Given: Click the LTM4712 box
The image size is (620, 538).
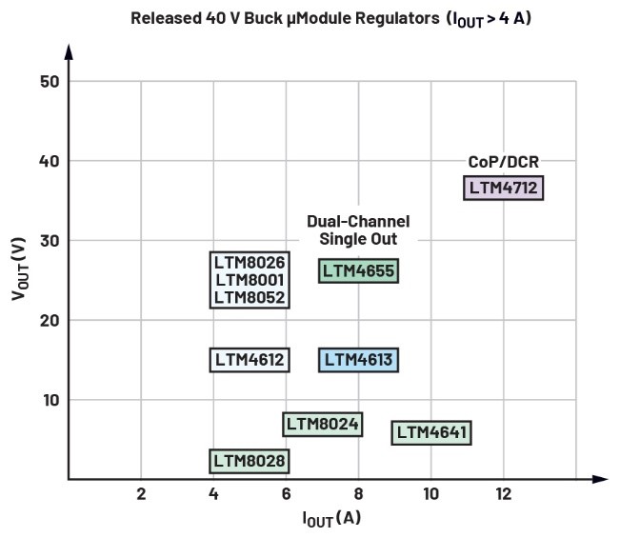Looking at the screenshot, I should [504, 188].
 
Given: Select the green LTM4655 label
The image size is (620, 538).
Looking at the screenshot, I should [358, 270].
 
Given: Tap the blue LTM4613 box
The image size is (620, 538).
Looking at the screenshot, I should [358, 360].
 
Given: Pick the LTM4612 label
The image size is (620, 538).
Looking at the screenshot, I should [250, 360].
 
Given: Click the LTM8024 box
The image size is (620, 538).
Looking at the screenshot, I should [322, 424].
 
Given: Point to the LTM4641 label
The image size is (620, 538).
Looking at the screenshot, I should [431, 432].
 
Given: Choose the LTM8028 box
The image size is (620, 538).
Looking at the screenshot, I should [250, 461].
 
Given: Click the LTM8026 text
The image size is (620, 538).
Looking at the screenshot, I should [250, 262].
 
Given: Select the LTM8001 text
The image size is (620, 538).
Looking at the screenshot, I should [250, 280].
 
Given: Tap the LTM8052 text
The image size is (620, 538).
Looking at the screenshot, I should [250, 297].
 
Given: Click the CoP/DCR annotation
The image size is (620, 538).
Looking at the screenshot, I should [504, 162].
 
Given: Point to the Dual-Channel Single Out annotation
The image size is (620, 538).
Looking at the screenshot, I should [358, 229].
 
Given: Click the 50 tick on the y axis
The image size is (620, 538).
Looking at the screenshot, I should [50, 81].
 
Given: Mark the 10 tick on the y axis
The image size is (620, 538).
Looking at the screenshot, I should [50, 399].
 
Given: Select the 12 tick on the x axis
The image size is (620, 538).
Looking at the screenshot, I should [504, 494].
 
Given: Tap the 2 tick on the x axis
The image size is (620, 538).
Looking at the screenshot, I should [141, 494].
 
